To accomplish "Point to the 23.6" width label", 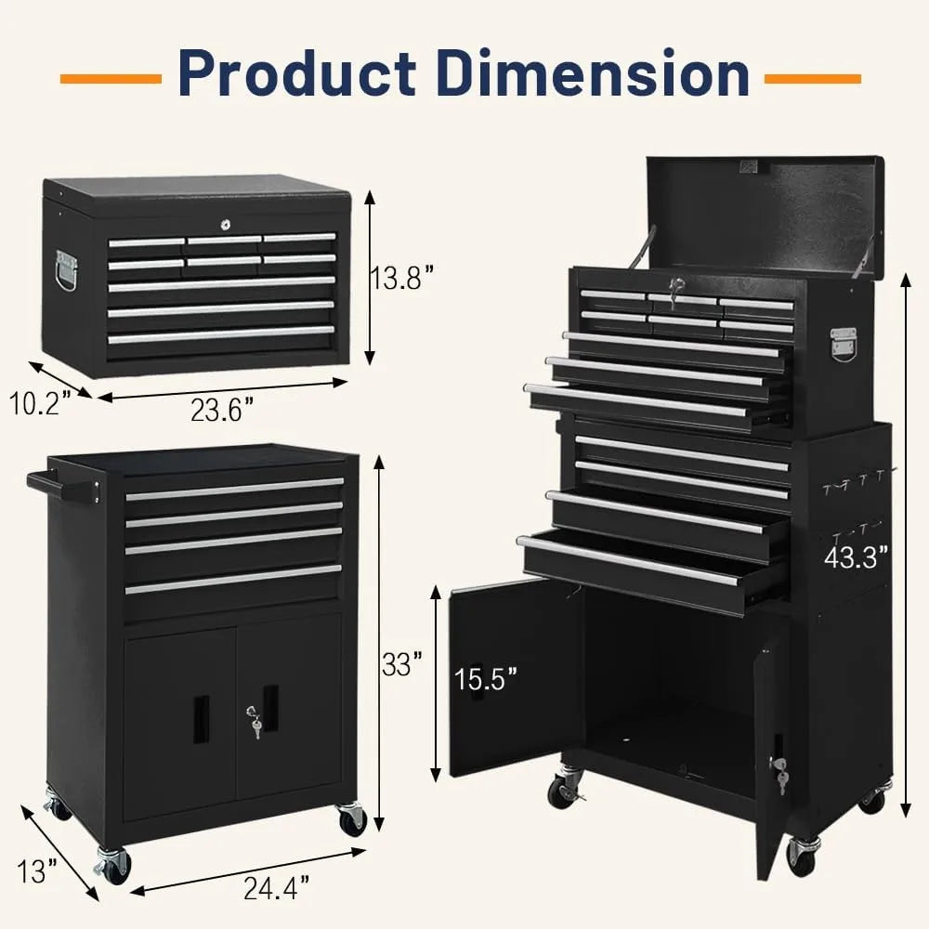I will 223,410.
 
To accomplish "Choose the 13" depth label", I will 38,871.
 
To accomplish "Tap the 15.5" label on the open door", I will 486,679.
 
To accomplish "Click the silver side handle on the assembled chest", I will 843,341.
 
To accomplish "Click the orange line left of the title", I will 111,76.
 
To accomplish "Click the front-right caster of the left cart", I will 351,819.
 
